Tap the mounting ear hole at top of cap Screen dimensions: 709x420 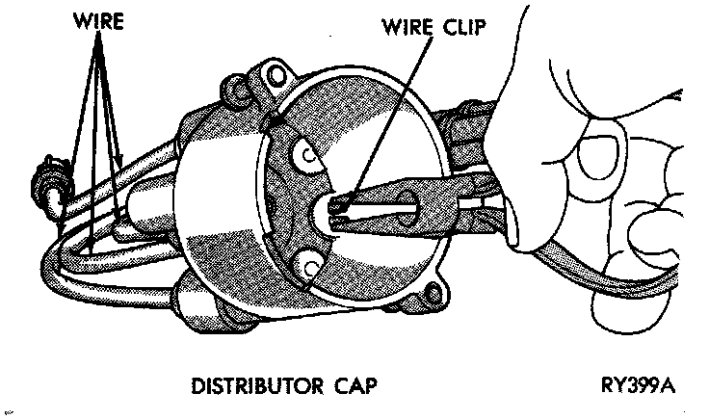tap(279, 74)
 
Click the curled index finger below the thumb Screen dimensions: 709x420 tap(655, 231)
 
